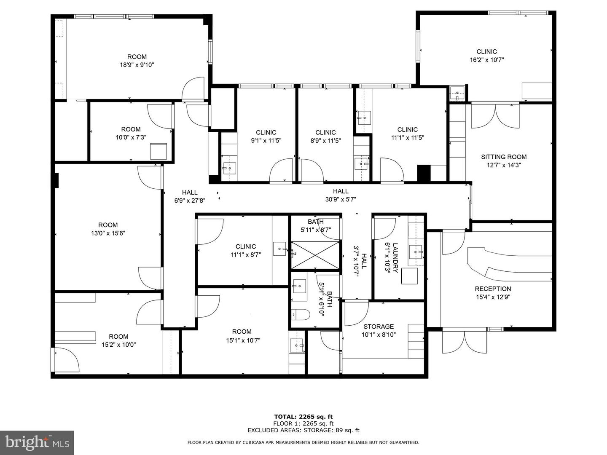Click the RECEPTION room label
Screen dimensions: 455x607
coord(493,289)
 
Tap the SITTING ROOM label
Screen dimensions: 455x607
coord(504,157)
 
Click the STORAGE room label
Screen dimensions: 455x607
coord(379,327)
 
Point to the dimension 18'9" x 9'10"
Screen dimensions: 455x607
coord(137,65)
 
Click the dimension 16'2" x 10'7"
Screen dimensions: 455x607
coord(486,60)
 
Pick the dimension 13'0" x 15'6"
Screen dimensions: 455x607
coord(108,233)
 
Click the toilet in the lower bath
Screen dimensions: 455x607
coord(301,314)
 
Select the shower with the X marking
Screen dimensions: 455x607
coord(315,254)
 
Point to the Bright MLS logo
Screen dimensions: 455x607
coord(37,442)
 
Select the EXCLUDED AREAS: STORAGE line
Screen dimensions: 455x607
coord(303,430)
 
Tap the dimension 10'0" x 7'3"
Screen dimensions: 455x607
coord(131,137)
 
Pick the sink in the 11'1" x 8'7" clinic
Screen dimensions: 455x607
coord(280,249)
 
